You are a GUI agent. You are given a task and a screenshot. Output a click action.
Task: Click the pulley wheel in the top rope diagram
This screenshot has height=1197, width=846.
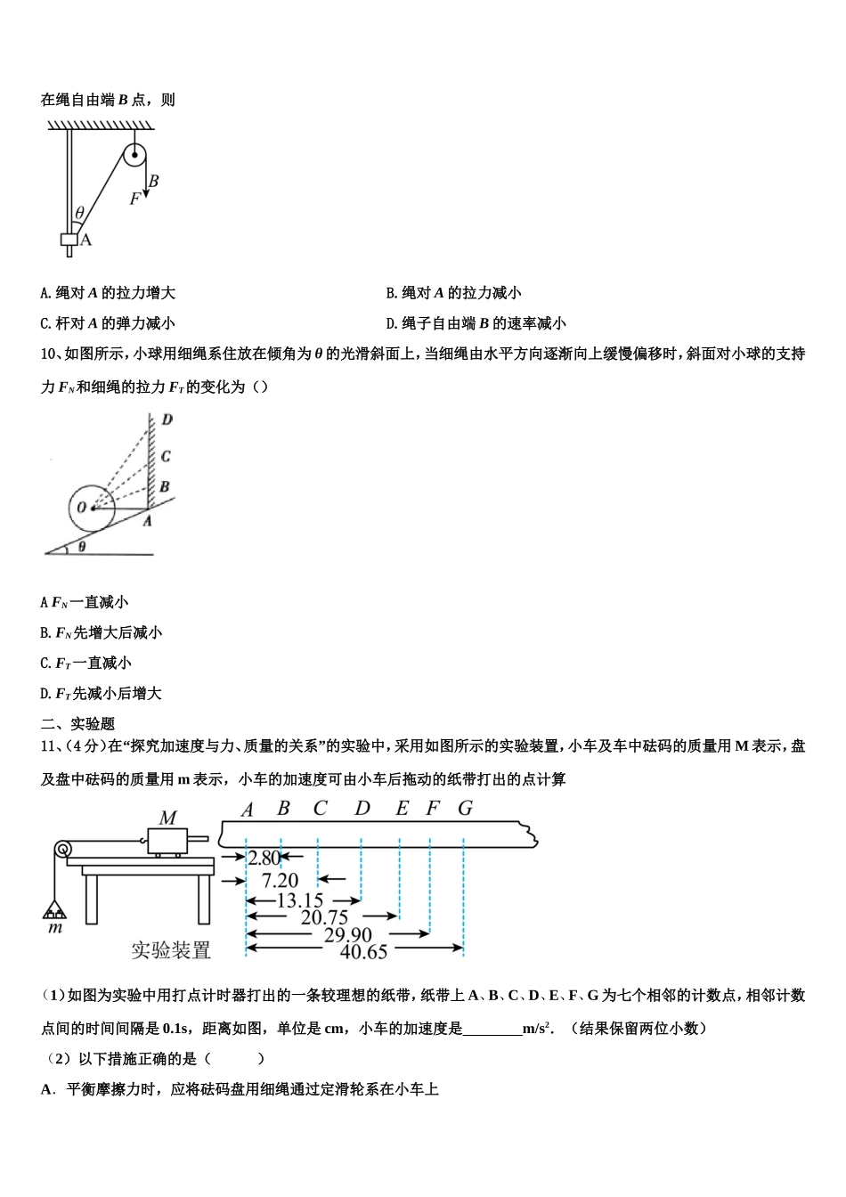(134, 157)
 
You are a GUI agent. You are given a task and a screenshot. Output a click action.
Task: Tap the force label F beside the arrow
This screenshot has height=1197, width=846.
(134, 199)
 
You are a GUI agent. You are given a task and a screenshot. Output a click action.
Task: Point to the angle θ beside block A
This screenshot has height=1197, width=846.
(79, 213)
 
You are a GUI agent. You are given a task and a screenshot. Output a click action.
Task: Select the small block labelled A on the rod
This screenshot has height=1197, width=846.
(69, 240)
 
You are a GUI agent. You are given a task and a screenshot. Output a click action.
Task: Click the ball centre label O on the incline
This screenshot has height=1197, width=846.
(81, 508)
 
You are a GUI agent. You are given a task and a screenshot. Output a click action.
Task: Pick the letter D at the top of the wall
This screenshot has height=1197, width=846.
(167, 419)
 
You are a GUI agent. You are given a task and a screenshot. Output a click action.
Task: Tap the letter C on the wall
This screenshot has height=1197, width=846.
(166, 456)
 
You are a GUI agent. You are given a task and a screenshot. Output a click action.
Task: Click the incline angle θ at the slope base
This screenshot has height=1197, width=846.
(82, 546)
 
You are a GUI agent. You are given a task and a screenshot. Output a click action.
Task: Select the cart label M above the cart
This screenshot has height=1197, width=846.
(167, 817)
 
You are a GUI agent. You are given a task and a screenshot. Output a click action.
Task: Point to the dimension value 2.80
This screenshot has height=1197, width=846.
(264, 858)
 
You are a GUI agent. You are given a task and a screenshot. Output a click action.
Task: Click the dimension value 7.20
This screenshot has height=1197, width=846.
(279, 880)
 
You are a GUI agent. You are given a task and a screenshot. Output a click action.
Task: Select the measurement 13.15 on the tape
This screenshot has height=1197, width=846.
(299, 900)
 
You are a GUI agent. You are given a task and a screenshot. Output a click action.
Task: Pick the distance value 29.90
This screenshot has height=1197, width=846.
(347, 934)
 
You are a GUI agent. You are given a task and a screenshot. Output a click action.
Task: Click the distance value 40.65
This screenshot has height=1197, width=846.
(363, 951)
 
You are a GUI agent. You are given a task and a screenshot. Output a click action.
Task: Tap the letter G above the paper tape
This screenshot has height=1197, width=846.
(465, 809)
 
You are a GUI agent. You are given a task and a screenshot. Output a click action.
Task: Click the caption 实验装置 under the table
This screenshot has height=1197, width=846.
(171, 950)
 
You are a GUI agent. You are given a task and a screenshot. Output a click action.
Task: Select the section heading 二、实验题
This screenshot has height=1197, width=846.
(78, 724)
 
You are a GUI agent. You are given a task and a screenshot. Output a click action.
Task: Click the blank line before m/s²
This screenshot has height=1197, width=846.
(492, 1029)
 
